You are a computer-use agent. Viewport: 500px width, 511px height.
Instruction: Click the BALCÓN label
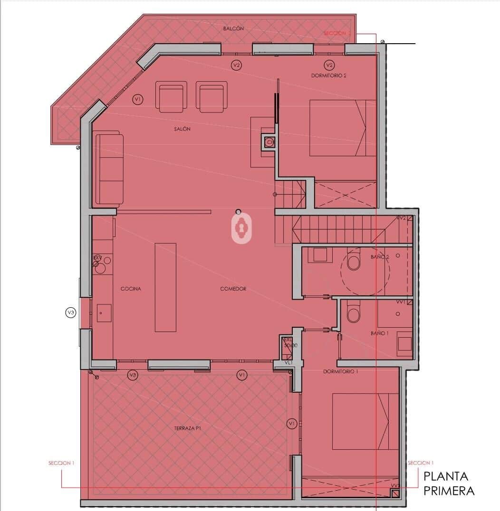pyautogui.click(x=233, y=28)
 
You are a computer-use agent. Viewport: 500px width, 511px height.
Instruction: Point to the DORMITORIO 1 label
pyautogui.click(x=340, y=372)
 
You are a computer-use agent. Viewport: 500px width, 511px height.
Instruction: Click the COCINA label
pyautogui.click(x=131, y=289)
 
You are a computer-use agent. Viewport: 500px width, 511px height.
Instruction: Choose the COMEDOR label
pyautogui.click(x=233, y=289)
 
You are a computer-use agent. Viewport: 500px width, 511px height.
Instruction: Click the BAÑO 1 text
pyautogui.click(x=380, y=333)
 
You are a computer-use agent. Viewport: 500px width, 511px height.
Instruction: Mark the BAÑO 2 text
pyautogui.click(x=380, y=257)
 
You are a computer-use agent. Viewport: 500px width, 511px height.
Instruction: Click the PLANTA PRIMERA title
pyautogui.click(x=448, y=483)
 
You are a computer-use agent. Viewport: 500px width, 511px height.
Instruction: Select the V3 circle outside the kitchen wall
pyautogui.click(x=71, y=312)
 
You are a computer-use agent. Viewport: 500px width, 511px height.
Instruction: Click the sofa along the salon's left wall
pyautogui.click(x=110, y=170)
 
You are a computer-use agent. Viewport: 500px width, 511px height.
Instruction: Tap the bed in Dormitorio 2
pyautogui.click(x=342, y=128)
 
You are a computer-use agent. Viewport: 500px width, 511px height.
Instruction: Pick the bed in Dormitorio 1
pyautogui.click(x=365, y=421)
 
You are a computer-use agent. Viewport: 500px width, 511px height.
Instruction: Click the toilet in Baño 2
pyautogui.click(x=354, y=262)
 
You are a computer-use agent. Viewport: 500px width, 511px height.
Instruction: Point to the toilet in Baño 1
pyautogui.click(x=354, y=314)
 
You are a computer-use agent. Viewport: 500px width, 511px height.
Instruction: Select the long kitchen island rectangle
pyautogui.click(x=165, y=287)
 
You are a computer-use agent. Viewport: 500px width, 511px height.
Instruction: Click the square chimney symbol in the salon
pyautogui.click(x=269, y=142)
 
